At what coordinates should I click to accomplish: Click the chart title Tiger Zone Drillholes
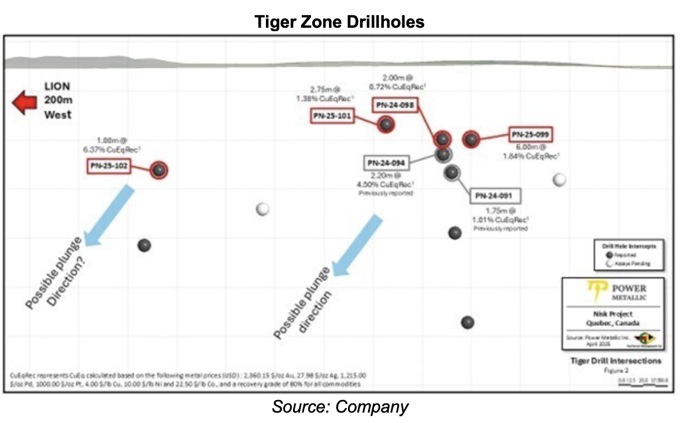340,22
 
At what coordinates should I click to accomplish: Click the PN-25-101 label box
332,116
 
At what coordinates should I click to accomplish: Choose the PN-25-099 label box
530,135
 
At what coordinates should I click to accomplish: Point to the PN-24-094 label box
386,163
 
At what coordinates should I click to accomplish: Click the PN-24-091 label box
494,196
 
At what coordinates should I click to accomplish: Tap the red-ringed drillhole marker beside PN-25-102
159,170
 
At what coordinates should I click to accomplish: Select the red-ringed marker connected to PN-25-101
386,124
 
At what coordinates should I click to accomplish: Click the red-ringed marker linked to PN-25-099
472,139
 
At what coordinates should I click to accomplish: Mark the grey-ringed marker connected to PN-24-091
452,172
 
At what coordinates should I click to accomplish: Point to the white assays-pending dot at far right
558,180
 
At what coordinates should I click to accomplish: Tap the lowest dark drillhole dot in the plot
468,322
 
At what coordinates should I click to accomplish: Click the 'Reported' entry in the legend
623,255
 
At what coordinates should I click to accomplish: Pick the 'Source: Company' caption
340,407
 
